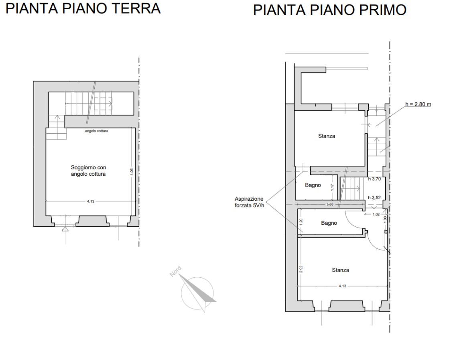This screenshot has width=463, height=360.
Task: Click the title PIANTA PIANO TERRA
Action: click(83, 8)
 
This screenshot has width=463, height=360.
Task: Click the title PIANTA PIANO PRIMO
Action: click(330, 10)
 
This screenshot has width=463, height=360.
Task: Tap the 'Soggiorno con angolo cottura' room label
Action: click(88, 171)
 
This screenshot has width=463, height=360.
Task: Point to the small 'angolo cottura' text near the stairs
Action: click(97, 131)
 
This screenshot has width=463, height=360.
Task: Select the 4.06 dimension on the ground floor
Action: click(132, 172)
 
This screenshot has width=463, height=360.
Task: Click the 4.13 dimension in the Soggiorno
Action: click(91, 201)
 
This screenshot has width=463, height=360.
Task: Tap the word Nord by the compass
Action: click(175, 272)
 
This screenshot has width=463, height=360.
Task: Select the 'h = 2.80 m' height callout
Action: click(418, 104)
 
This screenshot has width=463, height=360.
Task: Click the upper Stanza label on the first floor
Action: click(327, 136)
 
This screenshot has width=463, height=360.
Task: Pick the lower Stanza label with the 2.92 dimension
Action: click(341, 270)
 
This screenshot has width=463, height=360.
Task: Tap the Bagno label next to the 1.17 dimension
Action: click(313, 185)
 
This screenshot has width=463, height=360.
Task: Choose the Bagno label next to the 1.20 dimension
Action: click(329, 223)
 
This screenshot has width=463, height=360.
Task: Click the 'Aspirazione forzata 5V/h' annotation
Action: click(249, 202)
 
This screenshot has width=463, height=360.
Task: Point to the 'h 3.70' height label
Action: click(374, 179)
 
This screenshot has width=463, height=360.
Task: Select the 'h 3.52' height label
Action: click(374, 197)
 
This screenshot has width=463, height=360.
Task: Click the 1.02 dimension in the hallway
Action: click(376, 214)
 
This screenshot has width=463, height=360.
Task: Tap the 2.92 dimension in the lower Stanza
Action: click(301, 269)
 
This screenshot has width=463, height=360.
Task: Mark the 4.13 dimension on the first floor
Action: click(343, 286)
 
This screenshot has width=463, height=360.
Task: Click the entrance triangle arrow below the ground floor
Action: click(65, 229)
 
